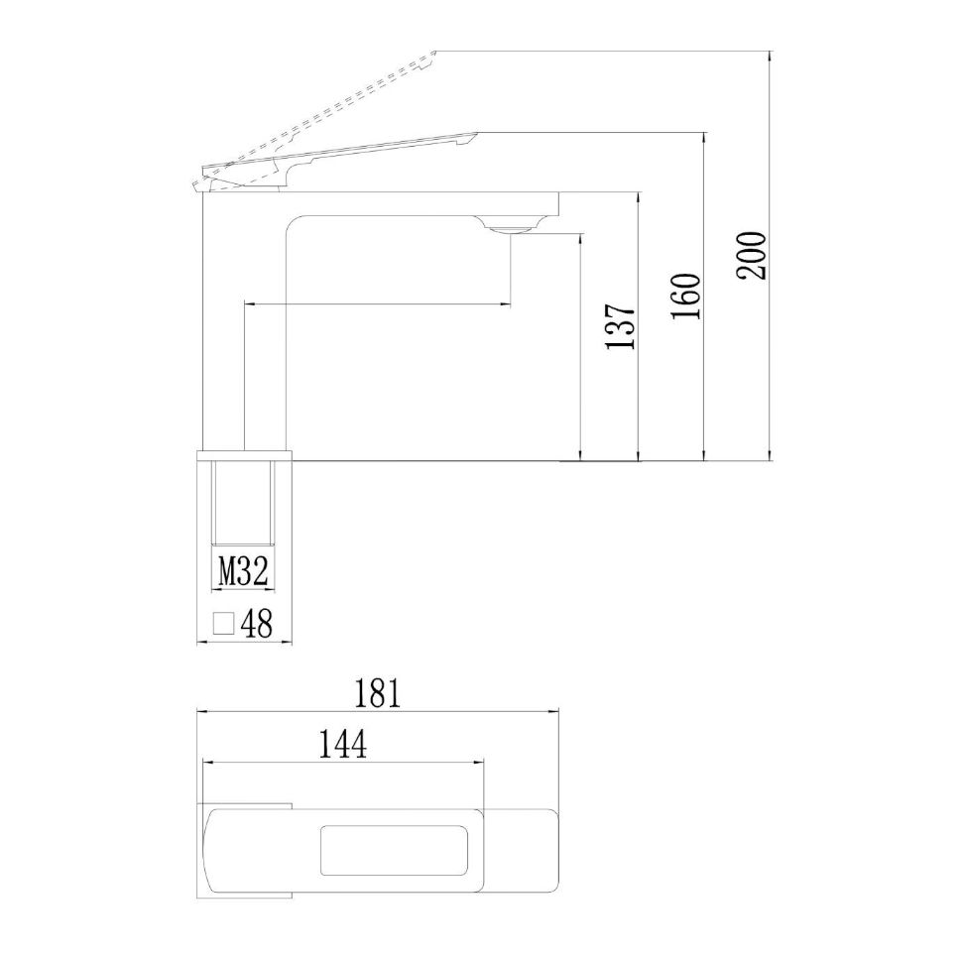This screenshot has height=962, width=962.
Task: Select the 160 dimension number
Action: click(x=687, y=296)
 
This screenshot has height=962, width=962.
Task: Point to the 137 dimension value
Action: click(x=621, y=327)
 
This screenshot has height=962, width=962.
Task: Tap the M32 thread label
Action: click(x=242, y=571)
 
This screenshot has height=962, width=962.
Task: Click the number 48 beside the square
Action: click(x=256, y=624)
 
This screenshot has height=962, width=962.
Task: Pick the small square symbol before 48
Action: click(x=224, y=623)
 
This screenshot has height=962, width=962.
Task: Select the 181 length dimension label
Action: click(x=378, y=693)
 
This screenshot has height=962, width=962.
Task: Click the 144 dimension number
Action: click(x=342, y=744)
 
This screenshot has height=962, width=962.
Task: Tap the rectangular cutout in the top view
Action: click(x=394, y=851)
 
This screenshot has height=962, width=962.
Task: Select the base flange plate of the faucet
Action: click(x=246, y=456)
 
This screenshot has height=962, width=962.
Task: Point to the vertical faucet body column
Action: click(x=244, y=327)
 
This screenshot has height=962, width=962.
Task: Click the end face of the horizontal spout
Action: click(x=558, y=203)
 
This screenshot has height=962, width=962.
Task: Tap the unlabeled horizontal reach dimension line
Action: click(x=377, y=304)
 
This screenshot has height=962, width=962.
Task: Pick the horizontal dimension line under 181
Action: click(x=378, y=712)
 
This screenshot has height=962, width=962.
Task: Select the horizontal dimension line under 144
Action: click(x=344, y=762)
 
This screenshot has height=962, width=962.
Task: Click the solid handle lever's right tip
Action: click(x=474, y=135)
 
